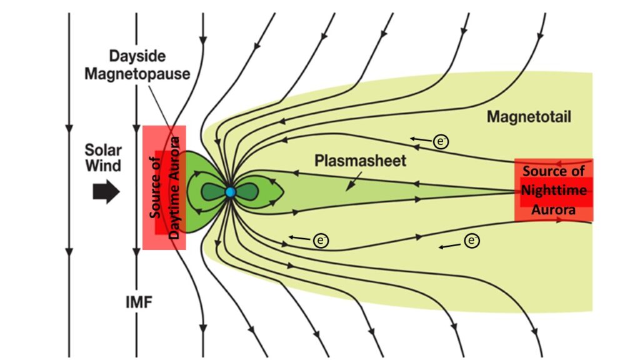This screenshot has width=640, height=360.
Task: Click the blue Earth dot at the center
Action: click(231, 192)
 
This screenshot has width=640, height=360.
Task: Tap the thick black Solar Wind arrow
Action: click(106, 192)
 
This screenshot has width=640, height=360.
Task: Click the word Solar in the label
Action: click(103, 151)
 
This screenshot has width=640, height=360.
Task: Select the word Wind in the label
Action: click(103, 166)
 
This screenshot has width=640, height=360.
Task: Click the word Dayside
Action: click(137, 56)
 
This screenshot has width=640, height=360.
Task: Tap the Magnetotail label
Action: click(529, 116)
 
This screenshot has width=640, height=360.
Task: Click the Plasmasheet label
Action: click(360, 160)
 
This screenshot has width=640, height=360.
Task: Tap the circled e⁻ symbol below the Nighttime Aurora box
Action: click(472, 240)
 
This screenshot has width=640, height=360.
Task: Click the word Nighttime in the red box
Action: click(554, 191)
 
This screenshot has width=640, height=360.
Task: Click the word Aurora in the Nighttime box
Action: click(553, 210)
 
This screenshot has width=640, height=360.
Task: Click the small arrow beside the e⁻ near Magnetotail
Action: click(420, 138)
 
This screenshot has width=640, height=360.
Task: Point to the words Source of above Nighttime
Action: click(553, 171)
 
